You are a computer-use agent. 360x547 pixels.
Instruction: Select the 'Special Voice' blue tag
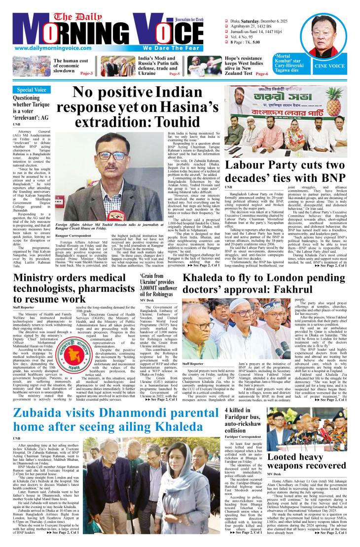pos(32,90)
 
